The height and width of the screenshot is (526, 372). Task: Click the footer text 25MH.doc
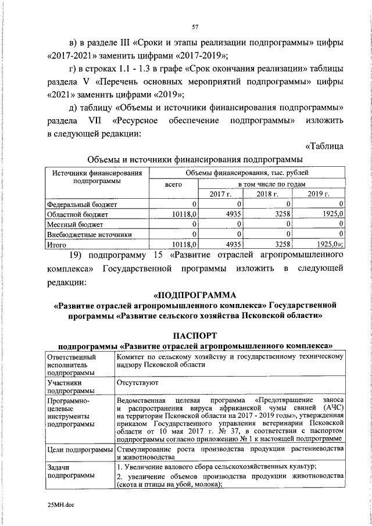(x=61, y=505)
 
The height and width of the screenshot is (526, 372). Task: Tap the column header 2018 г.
(x=269, y=194)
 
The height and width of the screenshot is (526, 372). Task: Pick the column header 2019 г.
(x=319, y=194)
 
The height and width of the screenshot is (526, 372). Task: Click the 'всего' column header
(x=174, y=184)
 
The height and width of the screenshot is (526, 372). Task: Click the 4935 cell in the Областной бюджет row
(x=233, y=214)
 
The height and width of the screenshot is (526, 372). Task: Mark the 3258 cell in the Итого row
(x=282, y=245)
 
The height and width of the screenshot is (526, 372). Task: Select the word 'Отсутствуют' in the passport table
(x=137, y=383)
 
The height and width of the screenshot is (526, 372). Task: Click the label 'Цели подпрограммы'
(x=79, y=450)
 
